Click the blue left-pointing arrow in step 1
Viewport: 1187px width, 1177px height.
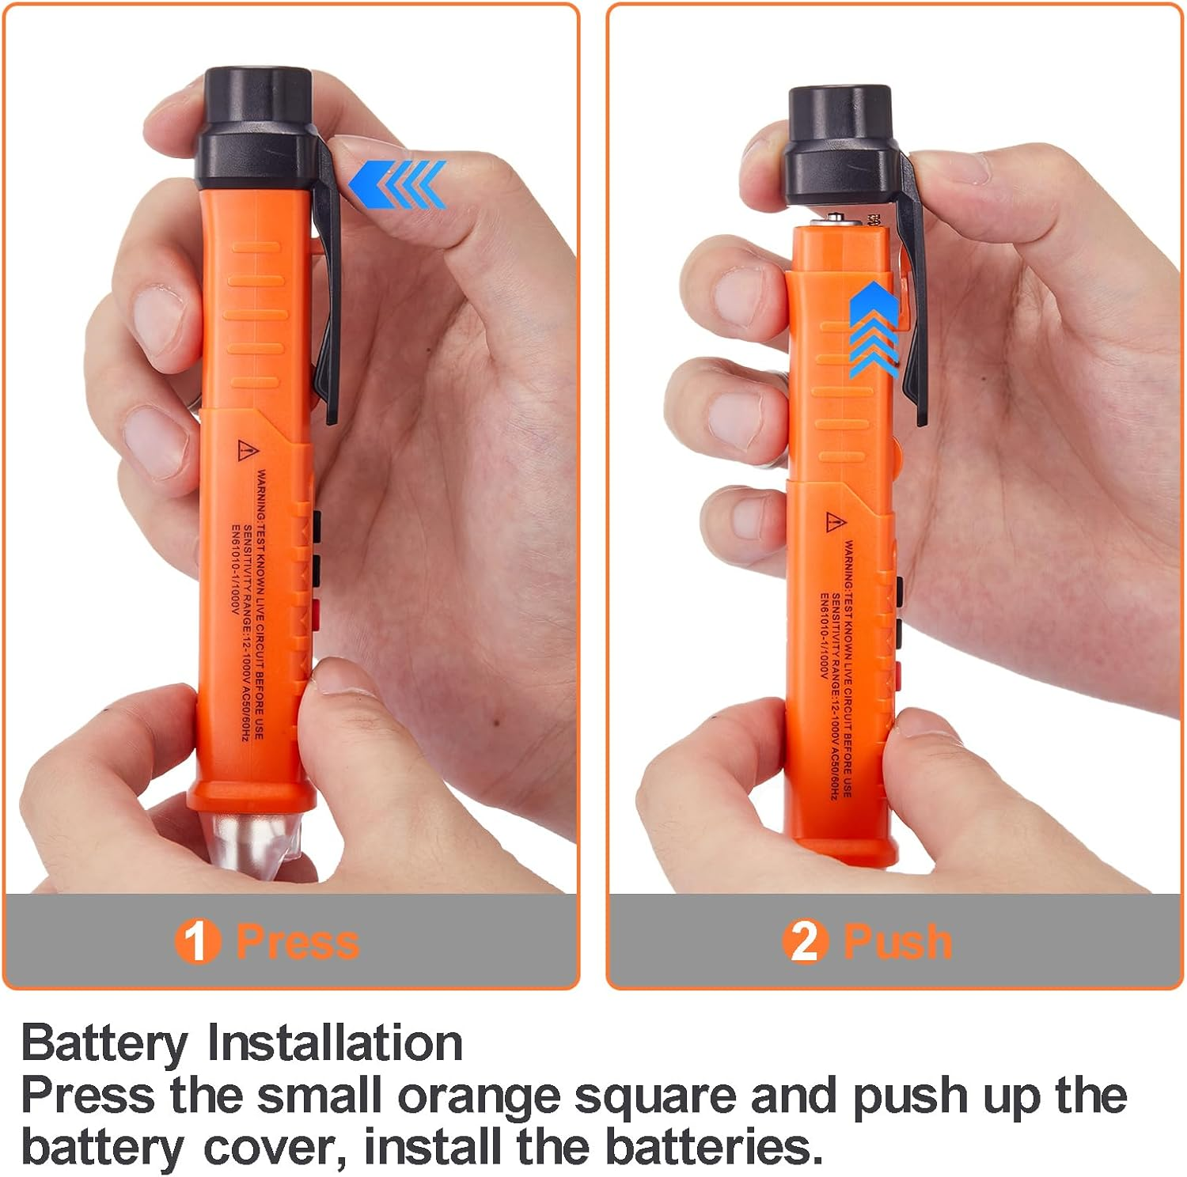coord(397,184)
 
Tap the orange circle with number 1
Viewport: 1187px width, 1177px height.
coord(196,941)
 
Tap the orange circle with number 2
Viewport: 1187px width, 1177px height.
coord(805,941)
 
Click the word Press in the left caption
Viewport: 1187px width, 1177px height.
coord(298,941)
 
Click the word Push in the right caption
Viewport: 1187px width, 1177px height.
coord(897,941)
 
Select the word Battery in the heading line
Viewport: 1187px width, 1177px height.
coord(104,1043)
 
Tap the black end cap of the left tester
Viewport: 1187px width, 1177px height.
coord(258,127)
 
